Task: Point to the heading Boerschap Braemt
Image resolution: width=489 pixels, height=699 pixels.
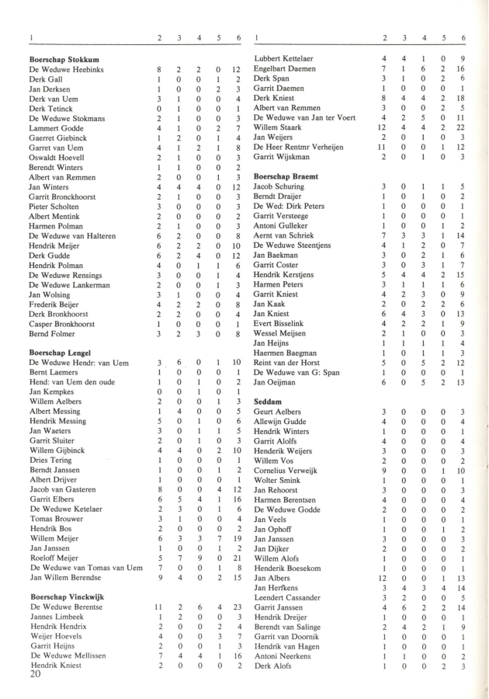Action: (x=286, y=176)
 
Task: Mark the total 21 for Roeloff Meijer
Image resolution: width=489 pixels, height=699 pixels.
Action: (x=237, y=557)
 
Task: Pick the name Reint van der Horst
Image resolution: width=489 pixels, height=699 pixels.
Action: (x=287, y=362)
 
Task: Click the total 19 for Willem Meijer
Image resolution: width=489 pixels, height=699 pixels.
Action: (x=237, y=537)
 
